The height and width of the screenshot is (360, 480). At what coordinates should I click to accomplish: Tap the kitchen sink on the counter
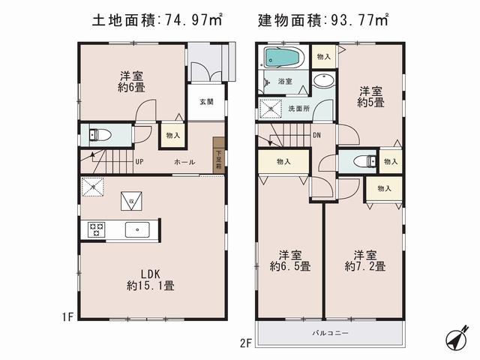pos(136,230)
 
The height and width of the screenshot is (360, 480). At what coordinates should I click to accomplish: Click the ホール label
pos(184,162)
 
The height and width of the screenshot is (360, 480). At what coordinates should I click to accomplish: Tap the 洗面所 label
pos(298,109)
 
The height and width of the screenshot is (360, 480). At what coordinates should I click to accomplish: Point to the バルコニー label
pos(330,332)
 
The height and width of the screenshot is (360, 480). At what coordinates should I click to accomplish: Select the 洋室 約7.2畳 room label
pos(365,260)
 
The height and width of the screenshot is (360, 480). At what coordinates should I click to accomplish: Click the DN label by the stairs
pos(317,136)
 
